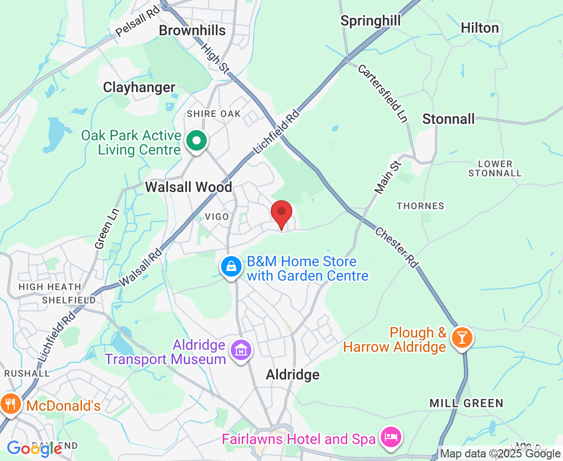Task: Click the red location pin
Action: point(281,213)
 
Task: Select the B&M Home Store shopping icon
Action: point(231,266)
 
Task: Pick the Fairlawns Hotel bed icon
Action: point(392,438)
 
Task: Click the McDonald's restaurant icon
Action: point(10,403)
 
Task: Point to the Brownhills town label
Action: point(192,31)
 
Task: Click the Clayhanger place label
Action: point(139,88)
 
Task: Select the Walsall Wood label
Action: point(188,187)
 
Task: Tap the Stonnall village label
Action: point(448,119)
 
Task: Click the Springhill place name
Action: point(371,21)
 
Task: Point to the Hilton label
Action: point(480,28)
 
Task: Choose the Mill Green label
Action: point(466,404)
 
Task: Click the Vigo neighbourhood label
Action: point(216,217)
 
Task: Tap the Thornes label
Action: point(420,206)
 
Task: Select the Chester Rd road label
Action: point(397,247)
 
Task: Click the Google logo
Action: point(34,449)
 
